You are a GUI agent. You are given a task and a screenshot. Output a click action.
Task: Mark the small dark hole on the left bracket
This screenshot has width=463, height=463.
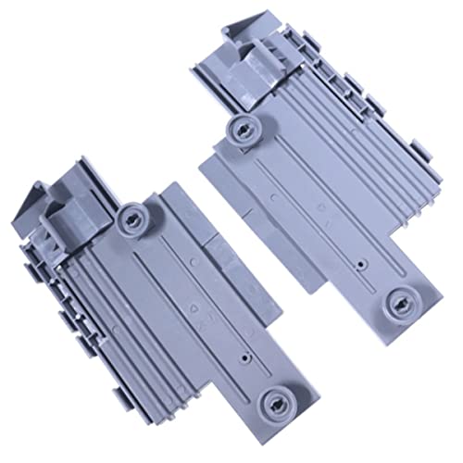[242, 355]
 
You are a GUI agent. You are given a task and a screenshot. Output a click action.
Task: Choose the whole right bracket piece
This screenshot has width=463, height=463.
[315, 176]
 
